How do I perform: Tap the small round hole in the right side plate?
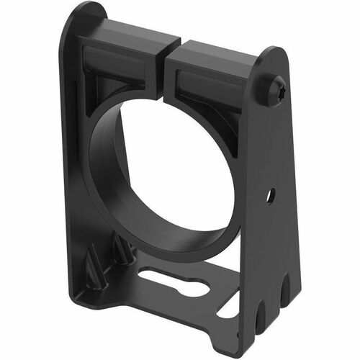tap(271, 194)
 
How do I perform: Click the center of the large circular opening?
tap(176, 169)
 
